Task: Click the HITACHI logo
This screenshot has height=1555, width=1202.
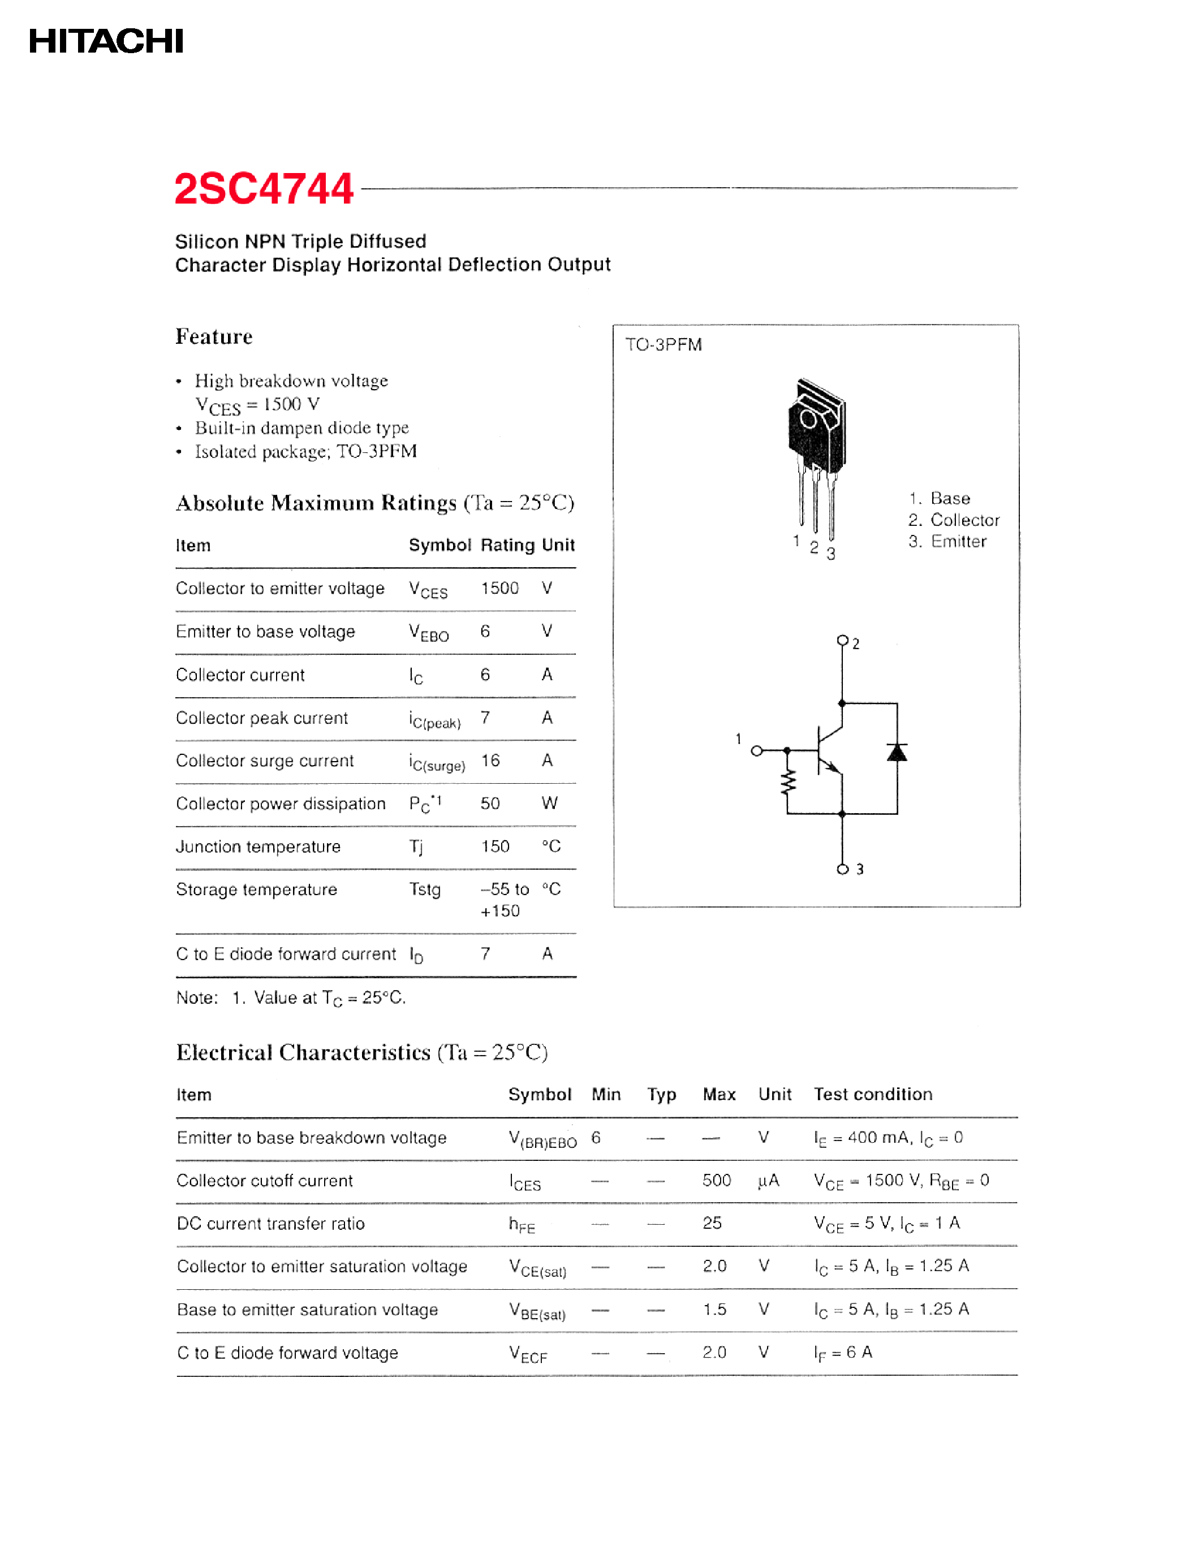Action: click(106, 41)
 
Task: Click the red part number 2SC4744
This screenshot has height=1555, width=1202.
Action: click(264, 189)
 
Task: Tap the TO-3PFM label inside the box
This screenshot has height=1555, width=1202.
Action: click(663, 344)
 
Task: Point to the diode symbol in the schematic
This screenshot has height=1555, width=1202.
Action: click(897, 753)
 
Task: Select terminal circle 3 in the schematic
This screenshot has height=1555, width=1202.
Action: click(842, 869)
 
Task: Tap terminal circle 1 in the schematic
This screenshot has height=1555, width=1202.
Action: click(757, 750)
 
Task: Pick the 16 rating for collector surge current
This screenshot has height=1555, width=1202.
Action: click(490, 761)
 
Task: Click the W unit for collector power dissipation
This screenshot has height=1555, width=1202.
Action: click(549, 803)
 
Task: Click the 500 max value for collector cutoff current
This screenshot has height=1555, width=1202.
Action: click(716, 1181)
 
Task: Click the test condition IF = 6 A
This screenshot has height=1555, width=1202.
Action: click(843, 1353)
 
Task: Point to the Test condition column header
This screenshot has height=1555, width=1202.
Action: click(872, 1094)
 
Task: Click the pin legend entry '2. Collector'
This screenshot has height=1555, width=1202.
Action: click(954, 520)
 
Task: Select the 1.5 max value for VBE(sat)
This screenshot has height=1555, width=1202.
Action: click(714, 1310)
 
